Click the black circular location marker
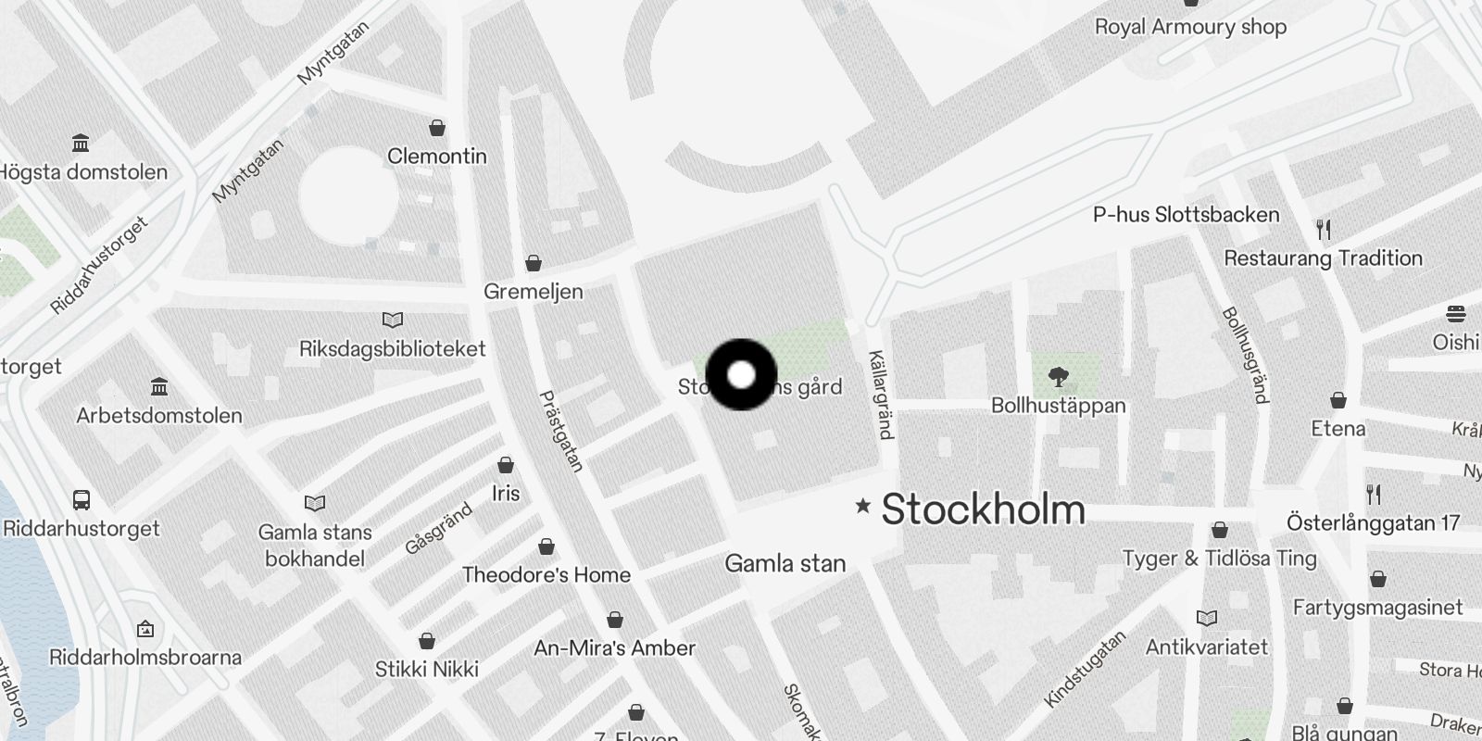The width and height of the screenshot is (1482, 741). pyautogui.click(x=741, y=375)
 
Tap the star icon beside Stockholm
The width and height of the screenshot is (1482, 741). pyautogui.click(x=863, y=506)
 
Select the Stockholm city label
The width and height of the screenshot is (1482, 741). pyautogui.click(x=983, y=509)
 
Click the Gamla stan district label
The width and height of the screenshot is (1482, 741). pyautogui.click(x=785, y=563)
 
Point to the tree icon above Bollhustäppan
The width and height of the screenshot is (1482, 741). pyautogui.click(x=1058, y=376)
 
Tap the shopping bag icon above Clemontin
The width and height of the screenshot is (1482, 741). pyautogui.click(x=437, y=128)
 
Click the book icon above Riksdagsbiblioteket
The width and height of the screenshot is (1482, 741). pyautogui.click(x=393, y=320)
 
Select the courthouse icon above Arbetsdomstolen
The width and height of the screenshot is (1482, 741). pyautogui.click(x=159, y=386)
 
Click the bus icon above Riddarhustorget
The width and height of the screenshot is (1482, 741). pyautogui.click(x=82, y=500)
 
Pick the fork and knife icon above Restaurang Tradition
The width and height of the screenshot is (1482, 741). pyautogui.click(x=1324, y=229)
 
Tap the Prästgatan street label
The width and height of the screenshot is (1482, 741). pyautogui.click(x=561, y=432)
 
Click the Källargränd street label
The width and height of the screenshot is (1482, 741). pyautogui.click(x=881, y=395)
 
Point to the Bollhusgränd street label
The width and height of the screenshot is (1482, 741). pyautogui.click(x=1246, y=356)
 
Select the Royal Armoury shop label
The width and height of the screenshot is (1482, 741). pyautogui.click(x=1190, y=27)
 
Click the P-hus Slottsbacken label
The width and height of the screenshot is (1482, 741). pyautogui.click(x=1186, y=215)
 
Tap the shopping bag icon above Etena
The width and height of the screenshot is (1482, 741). pyautogui.click(x=1338, y=400)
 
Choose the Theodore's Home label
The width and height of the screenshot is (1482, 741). pyautogui.click(x=546, y=574)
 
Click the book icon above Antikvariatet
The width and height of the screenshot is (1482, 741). pyautogui.click(x=1206, y=618)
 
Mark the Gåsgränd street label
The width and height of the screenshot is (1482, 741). pyautogui.click(x=439, y=528)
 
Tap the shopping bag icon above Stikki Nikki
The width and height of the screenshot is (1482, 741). pyautogui.click(x=427, y=641)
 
